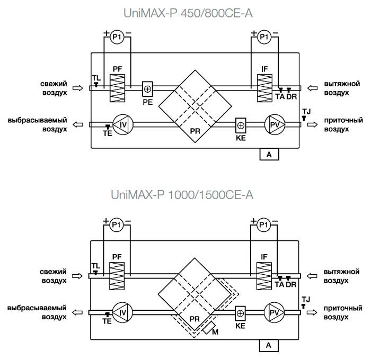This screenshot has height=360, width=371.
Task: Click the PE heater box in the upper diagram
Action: pyautogui.click(x=147, y=89)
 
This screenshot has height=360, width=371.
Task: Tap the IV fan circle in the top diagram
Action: pyautogui.click(x=123, y=124)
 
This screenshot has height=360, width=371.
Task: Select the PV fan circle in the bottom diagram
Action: pyautogui.click(x=274, y=312)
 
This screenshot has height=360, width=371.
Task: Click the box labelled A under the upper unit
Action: pyautogui.click(x=269, y=155)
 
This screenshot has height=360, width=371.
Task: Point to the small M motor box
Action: pyautogui.click(x=209, y=328)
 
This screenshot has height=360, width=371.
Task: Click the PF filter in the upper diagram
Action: pyautogui.click(x=117, y=88)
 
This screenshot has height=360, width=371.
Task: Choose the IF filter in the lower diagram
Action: pyautogui.click(x=264, y=276)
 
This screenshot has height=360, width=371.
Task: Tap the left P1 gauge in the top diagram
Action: pyautogui.click(x=117, y=37)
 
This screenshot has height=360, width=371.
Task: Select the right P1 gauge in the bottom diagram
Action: pyautogui.click(x=263, y=224)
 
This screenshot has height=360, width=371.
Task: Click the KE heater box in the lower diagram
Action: pyautogui.click(x=240, y=313)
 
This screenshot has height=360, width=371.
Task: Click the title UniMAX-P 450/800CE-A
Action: pyautogui.click(x=188, y=13)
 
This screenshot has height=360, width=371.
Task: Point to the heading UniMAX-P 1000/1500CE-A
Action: pyautogui.click(x=182, y=195)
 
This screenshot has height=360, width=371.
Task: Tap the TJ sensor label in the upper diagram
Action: pyautogui.click(x=306, y=111)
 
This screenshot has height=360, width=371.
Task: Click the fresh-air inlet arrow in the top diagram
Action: pyautogui.click(x=77, y=88)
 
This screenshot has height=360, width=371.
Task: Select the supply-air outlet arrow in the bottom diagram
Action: pyautogui.click(x=312, y=312)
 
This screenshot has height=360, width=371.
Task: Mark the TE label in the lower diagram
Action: pyautogui.click(x=107, y=321)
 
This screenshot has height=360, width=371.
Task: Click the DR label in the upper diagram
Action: pyautogui.click(x=291, y=96)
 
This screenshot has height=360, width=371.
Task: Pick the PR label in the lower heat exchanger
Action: pyautogui.click(x=195, y=319)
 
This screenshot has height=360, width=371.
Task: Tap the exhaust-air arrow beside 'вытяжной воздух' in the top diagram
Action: pyautogui.click(x=313, y=88)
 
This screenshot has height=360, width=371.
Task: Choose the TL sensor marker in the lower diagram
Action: pyautogui.click(x=95, y=273)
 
